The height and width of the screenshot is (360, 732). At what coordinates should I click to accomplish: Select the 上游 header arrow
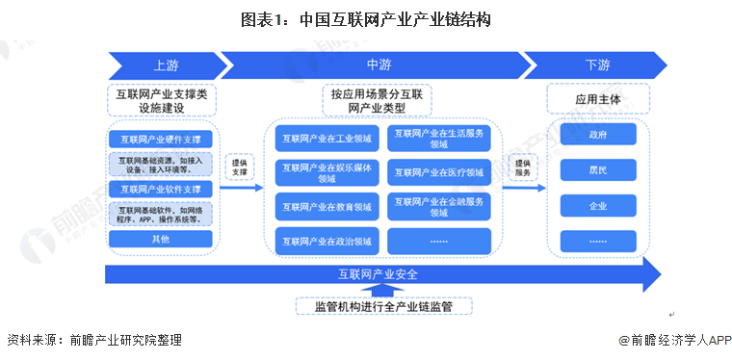162,64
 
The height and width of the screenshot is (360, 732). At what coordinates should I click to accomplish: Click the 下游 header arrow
597,64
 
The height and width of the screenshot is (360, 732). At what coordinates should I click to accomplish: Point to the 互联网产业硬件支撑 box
161,140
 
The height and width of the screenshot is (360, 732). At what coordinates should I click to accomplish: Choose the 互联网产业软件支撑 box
161,189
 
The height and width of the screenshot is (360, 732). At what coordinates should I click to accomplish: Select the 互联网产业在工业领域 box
327,139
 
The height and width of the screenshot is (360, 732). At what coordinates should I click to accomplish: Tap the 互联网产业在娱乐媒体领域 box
327,172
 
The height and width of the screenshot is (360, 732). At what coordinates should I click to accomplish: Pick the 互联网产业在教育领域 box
327,206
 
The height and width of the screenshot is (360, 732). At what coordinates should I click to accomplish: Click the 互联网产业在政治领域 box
327,240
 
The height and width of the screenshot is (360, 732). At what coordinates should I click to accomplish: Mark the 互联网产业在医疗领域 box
438,173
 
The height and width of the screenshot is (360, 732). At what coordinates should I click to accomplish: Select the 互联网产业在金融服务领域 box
438,206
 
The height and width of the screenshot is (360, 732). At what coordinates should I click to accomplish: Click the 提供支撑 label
240,167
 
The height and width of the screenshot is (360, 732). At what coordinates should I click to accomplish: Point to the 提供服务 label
521,168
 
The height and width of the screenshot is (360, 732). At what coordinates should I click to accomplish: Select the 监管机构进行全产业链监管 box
383,306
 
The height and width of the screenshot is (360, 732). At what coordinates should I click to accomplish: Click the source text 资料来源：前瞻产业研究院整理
94,340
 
